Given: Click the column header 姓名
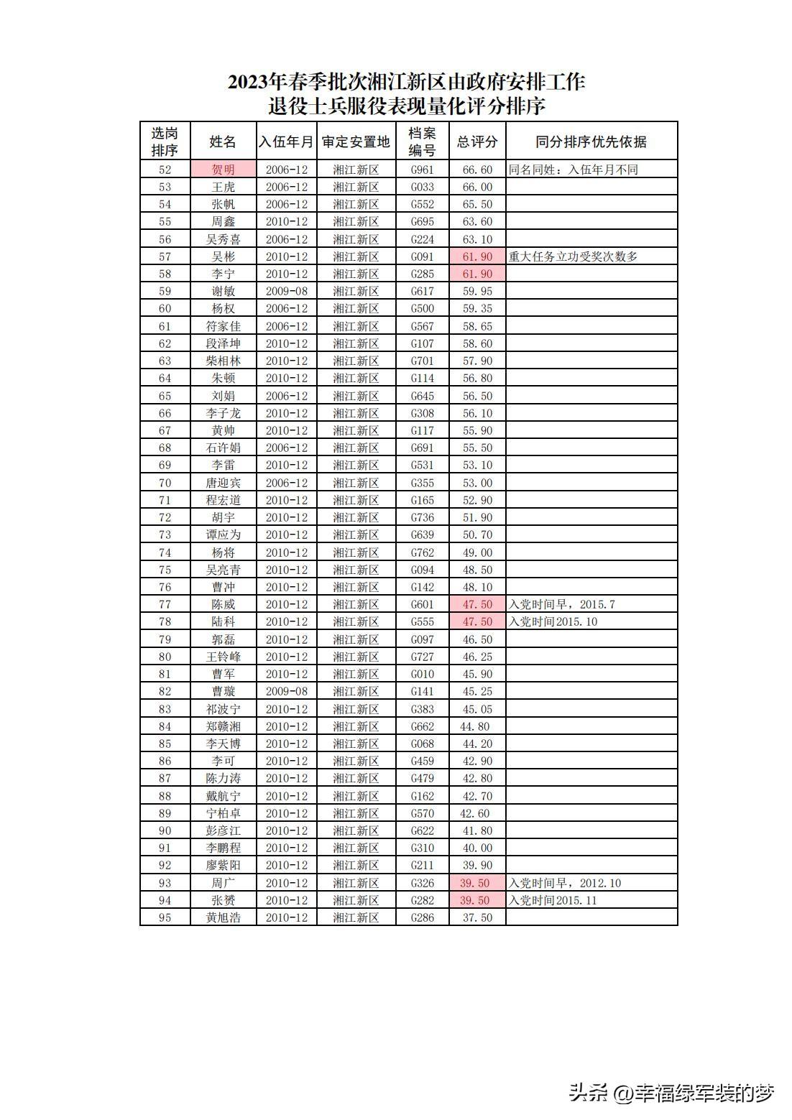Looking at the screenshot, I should coord(223,142).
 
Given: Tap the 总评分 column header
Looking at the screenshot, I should coord(477,142).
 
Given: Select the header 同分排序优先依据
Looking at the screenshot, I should coord(591,142).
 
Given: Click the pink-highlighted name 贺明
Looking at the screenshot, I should coord(223,170).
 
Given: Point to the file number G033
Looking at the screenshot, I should coord(422,187).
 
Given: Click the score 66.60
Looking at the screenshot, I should coord(477,170).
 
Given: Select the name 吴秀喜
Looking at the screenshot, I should coord(223,239).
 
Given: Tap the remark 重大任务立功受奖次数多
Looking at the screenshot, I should coord(573,256).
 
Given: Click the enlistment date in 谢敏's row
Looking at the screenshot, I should coord(286,291).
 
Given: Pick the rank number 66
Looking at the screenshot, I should coord(165,413).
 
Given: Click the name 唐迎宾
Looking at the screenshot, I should coord(223,483).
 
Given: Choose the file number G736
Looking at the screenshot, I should coord(422,517).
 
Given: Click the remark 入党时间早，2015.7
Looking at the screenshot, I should coord(561,604).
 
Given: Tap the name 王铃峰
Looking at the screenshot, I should coord(223,657).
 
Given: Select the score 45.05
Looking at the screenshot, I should coord(477,709).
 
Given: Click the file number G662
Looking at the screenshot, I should coord(422,726).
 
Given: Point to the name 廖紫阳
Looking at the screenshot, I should coord(223,866).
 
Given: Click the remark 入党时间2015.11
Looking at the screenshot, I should coord(553,900).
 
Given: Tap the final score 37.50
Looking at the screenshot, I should coord(477,917).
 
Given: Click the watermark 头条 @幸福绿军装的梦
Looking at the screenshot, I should coord(671,1093).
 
